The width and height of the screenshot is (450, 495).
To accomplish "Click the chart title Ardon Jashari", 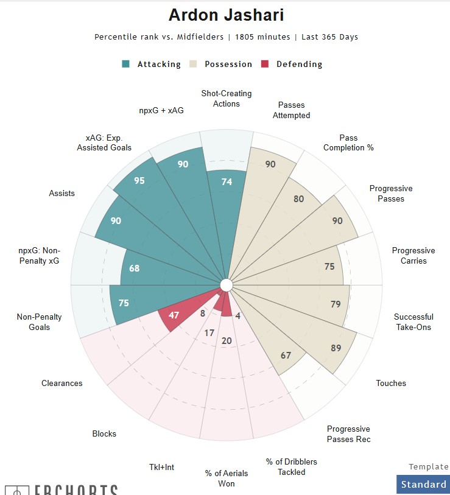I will (226, 15).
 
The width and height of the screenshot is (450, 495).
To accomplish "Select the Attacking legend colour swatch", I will (126, 64).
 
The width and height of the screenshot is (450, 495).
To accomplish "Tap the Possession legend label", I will (228, 64).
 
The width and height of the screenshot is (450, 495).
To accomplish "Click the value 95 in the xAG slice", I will (139, 181).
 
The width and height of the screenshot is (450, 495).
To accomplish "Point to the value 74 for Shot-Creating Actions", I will (227, 181).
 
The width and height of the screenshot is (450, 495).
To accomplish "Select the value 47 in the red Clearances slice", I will (174, 315).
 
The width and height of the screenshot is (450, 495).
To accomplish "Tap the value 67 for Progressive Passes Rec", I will (286, 356).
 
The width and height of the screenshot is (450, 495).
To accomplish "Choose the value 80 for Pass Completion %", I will (299, 198).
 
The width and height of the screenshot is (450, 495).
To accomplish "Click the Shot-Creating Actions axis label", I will (226, 99).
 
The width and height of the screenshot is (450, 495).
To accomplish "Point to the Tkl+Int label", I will (161, 467).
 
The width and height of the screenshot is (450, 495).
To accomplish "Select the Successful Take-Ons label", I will (413, 322).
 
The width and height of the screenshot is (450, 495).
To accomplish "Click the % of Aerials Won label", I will (219, 479).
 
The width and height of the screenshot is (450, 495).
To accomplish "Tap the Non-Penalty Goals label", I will (39, 322).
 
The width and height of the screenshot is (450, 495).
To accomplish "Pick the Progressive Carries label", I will (413, 256).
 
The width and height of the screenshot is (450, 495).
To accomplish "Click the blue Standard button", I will (423, 485).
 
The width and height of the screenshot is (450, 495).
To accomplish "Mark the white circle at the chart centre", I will (227, 285).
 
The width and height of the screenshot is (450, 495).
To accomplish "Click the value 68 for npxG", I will (135, 269).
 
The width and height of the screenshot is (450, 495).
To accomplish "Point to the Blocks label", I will (104, 434).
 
